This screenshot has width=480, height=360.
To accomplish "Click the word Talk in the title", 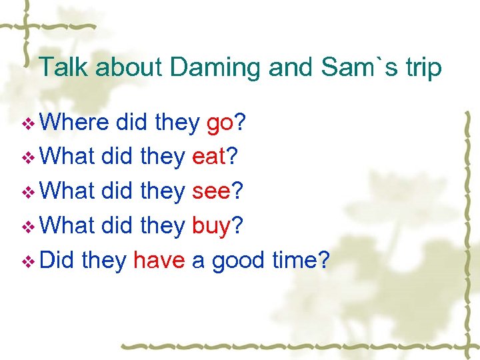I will [x=64, y=68].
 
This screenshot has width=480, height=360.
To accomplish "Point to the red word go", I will [x=219, y=123].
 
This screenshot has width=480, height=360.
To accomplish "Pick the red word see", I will [x=211, y=192].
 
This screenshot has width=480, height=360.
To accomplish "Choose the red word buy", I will [x=211, y=227].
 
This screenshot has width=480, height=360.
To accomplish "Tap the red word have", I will [x=159, y=261].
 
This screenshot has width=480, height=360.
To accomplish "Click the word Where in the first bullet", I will [x=75, y=123].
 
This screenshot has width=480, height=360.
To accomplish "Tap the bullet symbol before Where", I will [x=27, y=124].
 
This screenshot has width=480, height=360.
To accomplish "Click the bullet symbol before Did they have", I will [x=27, y=262].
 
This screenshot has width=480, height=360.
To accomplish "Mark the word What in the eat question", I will [x=67, y=157].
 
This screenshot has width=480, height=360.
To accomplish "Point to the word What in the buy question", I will [x=67, y=226].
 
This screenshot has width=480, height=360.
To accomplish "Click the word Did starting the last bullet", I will [x=57, y=261].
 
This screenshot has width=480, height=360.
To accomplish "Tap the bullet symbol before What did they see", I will [x=27, y=193].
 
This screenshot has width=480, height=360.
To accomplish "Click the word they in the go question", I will [x=177, y=123].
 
